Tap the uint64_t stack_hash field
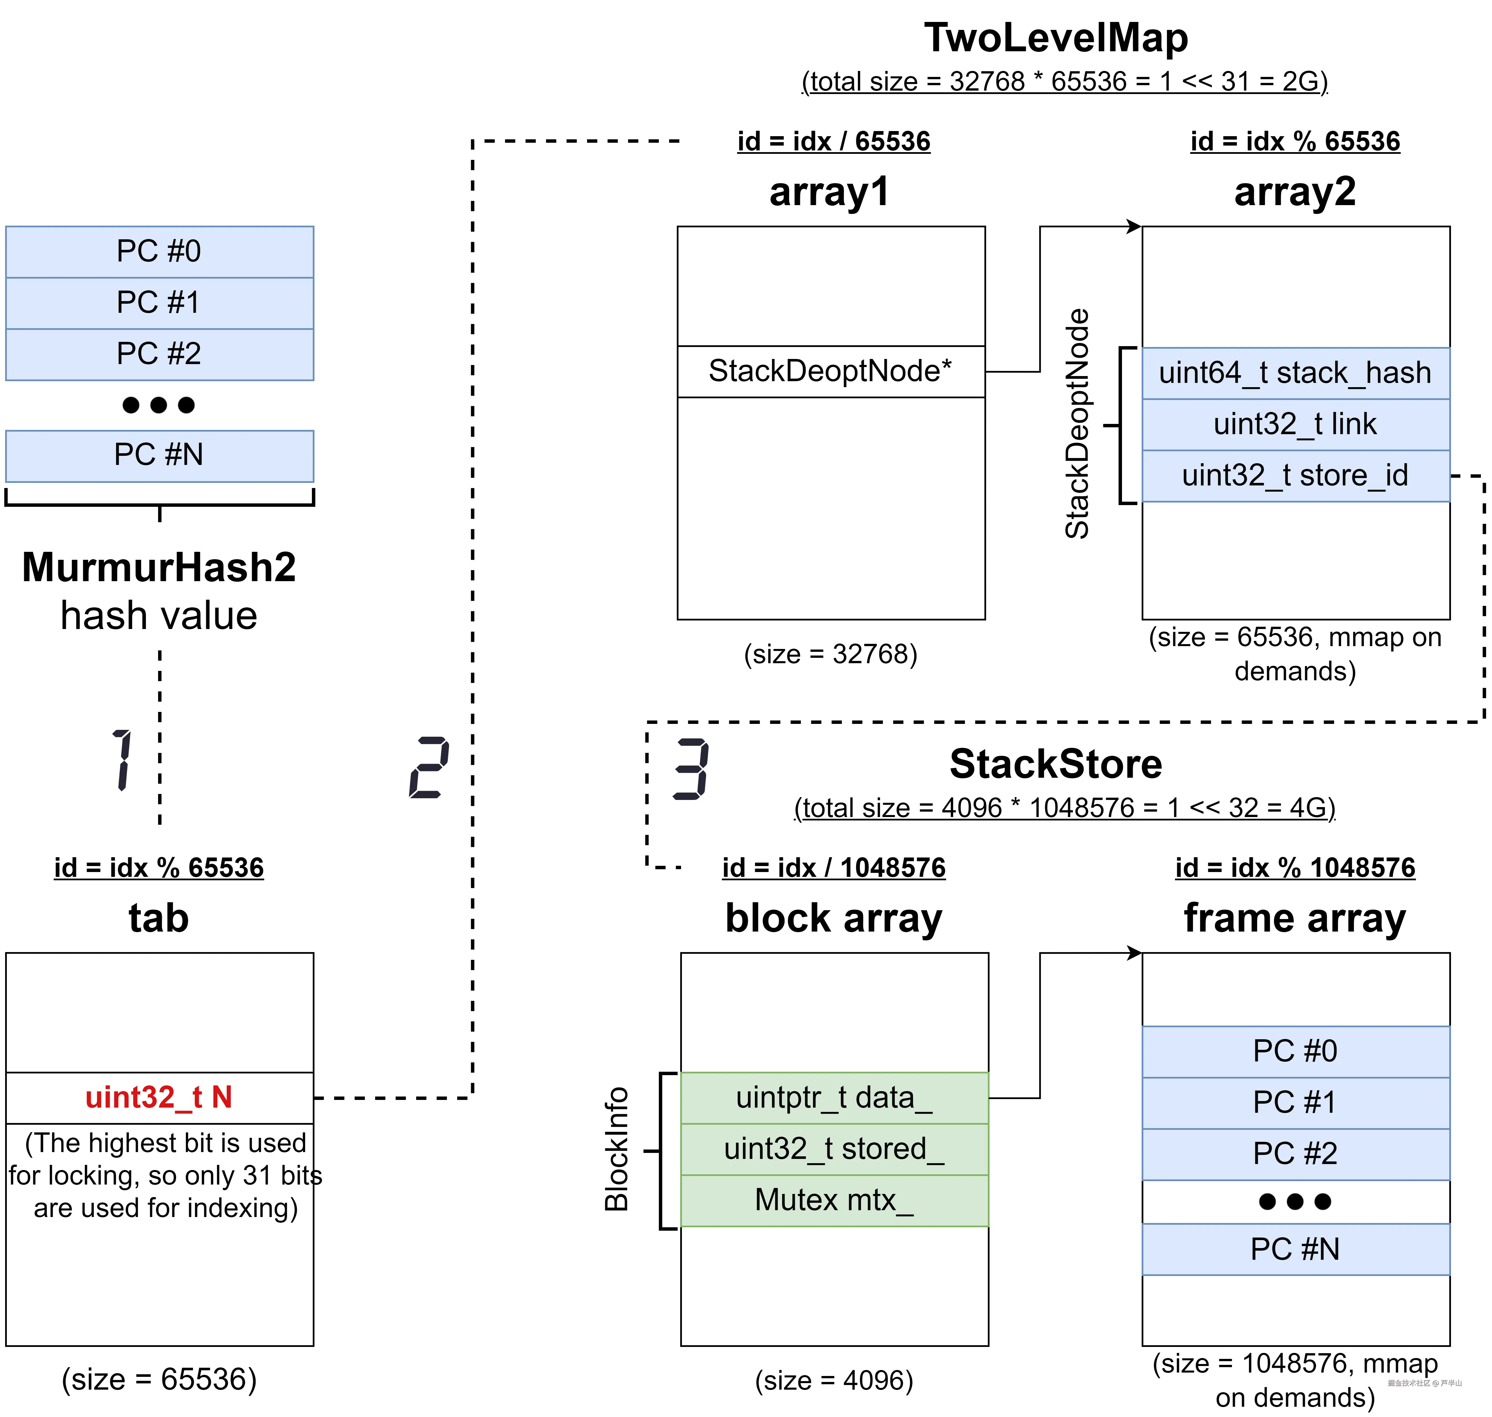(x=1295, y=373)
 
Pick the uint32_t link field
(x=1295, y=424)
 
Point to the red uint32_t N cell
(x=159, y=1097)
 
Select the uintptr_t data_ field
(x=833, y=1097)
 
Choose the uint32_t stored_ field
(x=833, y=1149)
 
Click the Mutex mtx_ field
(x=833, y=1200)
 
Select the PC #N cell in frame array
(x=1295, y=1249)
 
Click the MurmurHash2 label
(x=159, y=567)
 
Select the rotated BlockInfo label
(x=617, y=1149)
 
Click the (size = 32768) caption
(x=831, y=654)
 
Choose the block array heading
(x=833, y=918)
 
